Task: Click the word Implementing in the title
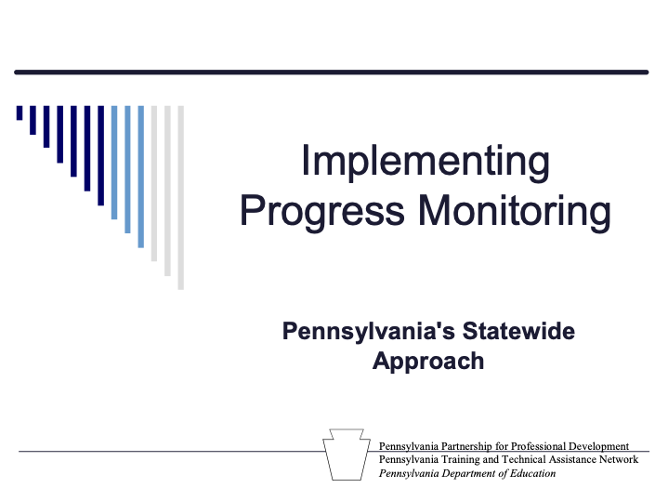click(x=426, y=164)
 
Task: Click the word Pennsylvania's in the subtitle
click(x=369, y=332)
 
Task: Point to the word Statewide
click(x=518, y=331)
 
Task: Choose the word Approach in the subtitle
click(x=428, y=362)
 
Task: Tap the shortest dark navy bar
click(x=20, y=113)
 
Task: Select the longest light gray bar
click(x=180, y=197)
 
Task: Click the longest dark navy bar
click(x=101, y=155)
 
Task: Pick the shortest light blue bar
click(x=114, y=163)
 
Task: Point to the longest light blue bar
click(x=141, y=177)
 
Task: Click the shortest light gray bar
click(x=154, y=183)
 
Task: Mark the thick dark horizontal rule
click(x=332, y=73)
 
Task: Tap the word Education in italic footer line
click(x=533, y=473)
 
